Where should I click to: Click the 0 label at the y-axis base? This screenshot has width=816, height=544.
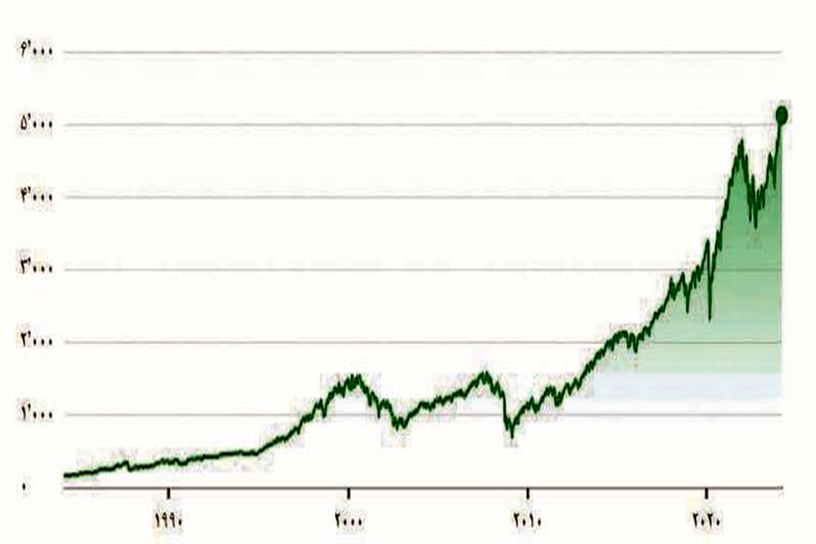click(25, 487)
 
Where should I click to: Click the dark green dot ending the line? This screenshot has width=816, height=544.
click(781, 115)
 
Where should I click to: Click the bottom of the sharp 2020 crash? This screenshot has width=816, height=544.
click(710, 318)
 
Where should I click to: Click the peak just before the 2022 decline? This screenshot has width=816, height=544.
click(741, 141)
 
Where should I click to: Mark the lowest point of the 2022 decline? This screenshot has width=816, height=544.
click(755, 226)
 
